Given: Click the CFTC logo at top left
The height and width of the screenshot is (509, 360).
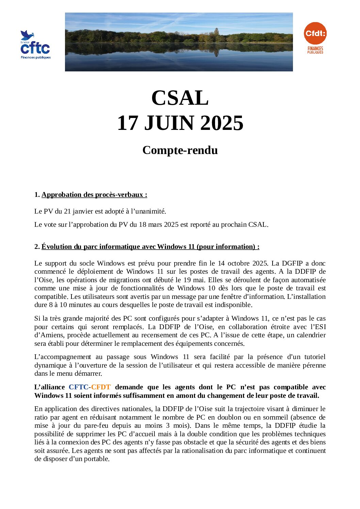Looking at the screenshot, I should pyautogui.click(x=35, y=45).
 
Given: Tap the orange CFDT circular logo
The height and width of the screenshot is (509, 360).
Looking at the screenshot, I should pyautogui.click(x=315, y=34).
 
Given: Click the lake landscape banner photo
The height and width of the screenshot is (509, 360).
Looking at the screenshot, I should pyautogui.click(x=179, y=42).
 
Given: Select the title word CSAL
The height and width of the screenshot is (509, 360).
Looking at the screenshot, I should pyautogui.click(x=180, y=98).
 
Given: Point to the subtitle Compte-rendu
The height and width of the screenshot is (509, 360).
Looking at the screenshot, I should pyautogui.click(x=180, y=150).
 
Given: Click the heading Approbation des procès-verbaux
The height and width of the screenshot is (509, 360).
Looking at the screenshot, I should pyautogui.click(x=94, y=195).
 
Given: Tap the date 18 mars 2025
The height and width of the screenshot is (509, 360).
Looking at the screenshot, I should pyautogui.click(x=159, y=225).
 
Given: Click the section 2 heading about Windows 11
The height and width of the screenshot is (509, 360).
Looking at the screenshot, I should pyautogui.click(x=150, y=247).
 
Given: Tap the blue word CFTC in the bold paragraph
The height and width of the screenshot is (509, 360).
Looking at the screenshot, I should pyautogui.click(x=78, y=387).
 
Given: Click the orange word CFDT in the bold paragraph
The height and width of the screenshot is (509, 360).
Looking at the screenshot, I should pyautogui.click(x=101, y=387).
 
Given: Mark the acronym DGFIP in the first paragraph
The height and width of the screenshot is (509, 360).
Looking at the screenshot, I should pyautogui.click(x=292, y=264).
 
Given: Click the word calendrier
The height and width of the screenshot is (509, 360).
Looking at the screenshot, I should pyautogui.click(x=311, y=335).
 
